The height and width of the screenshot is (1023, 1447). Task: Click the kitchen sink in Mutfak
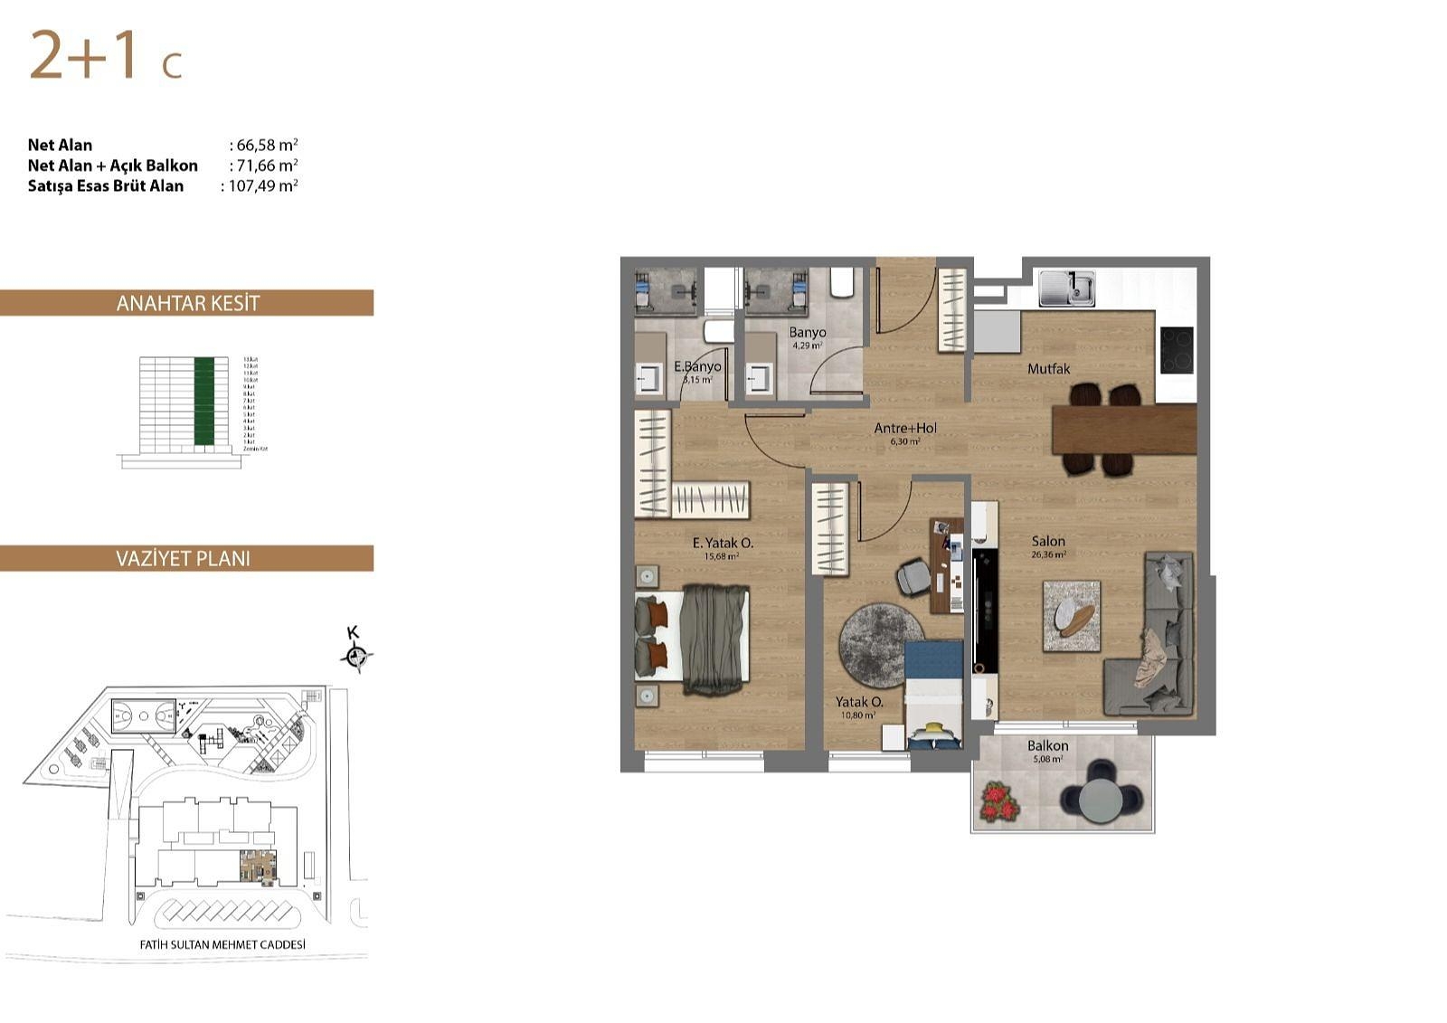click(1066, 289)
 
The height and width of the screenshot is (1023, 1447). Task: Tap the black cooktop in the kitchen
click(1177, 350)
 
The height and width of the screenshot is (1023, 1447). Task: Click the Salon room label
click(1048, 541)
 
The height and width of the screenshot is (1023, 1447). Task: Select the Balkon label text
click(1047, 745)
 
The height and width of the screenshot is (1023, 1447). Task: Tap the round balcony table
click(1101, 799)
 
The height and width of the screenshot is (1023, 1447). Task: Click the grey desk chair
click(913, 576)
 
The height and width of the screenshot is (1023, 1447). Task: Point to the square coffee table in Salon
click(1072, 616)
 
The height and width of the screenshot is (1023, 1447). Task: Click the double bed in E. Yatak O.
click(692, 639)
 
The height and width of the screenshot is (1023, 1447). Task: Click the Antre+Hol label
click(905, 428)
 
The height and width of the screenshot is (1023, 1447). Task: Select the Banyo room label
click(807, 332)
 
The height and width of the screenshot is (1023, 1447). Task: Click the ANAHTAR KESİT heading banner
click(187, 303)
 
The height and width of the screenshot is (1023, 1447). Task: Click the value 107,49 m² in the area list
click(263, 186)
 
